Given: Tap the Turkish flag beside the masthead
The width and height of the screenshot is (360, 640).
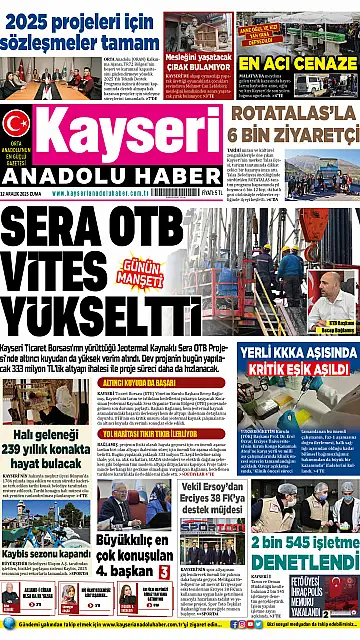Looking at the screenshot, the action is [x=16, y=123].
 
